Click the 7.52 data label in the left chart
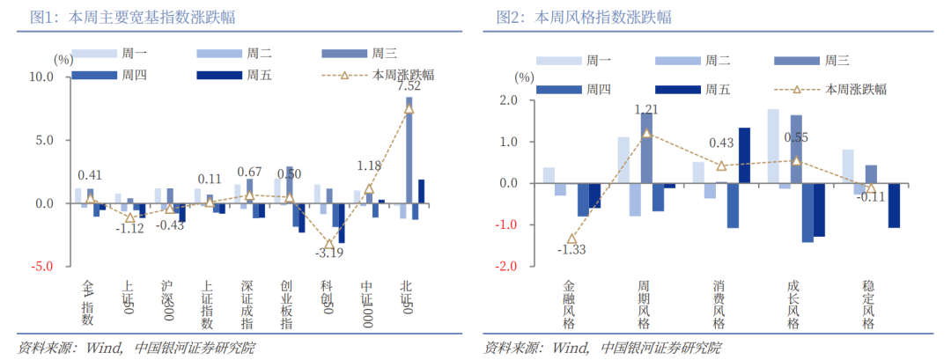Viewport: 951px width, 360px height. point(409,86)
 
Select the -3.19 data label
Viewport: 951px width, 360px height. point(330,254)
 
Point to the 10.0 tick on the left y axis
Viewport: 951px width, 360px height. point(42,77)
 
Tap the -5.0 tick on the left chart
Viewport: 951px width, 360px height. point(42,267)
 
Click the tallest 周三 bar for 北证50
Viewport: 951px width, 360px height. point(409,150)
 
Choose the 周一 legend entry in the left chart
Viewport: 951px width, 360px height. point(109,54)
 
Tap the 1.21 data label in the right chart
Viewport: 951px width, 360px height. point(646,110)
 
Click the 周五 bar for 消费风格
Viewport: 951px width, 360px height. point(744,155)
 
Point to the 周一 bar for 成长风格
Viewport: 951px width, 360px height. point(773,146)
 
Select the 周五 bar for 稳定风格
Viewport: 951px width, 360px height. point(894,205)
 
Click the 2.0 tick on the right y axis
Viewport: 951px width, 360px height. point(509,100)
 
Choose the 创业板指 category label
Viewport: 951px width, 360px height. point(287,305)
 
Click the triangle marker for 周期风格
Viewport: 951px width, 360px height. point(646,133)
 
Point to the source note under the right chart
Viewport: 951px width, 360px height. point(602,348)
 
